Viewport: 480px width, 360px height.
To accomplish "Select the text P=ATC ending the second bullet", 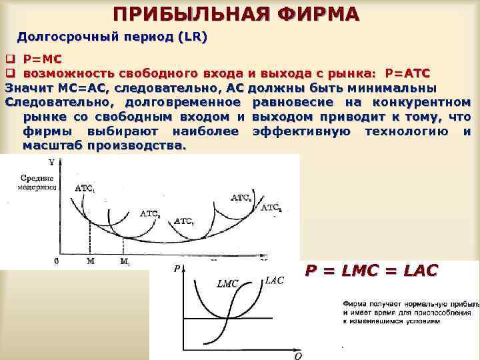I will point(407,73).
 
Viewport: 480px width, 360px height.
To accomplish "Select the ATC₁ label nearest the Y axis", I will point(85,189).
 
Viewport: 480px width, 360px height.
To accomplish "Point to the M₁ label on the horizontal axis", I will point(124,262).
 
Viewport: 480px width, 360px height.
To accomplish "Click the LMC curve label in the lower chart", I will point(227,284).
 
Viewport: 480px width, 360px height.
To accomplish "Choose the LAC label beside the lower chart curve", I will point(274,281).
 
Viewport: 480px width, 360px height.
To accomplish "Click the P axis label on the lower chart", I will point(177,269).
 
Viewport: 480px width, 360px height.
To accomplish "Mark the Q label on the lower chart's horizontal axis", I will point(298,355).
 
